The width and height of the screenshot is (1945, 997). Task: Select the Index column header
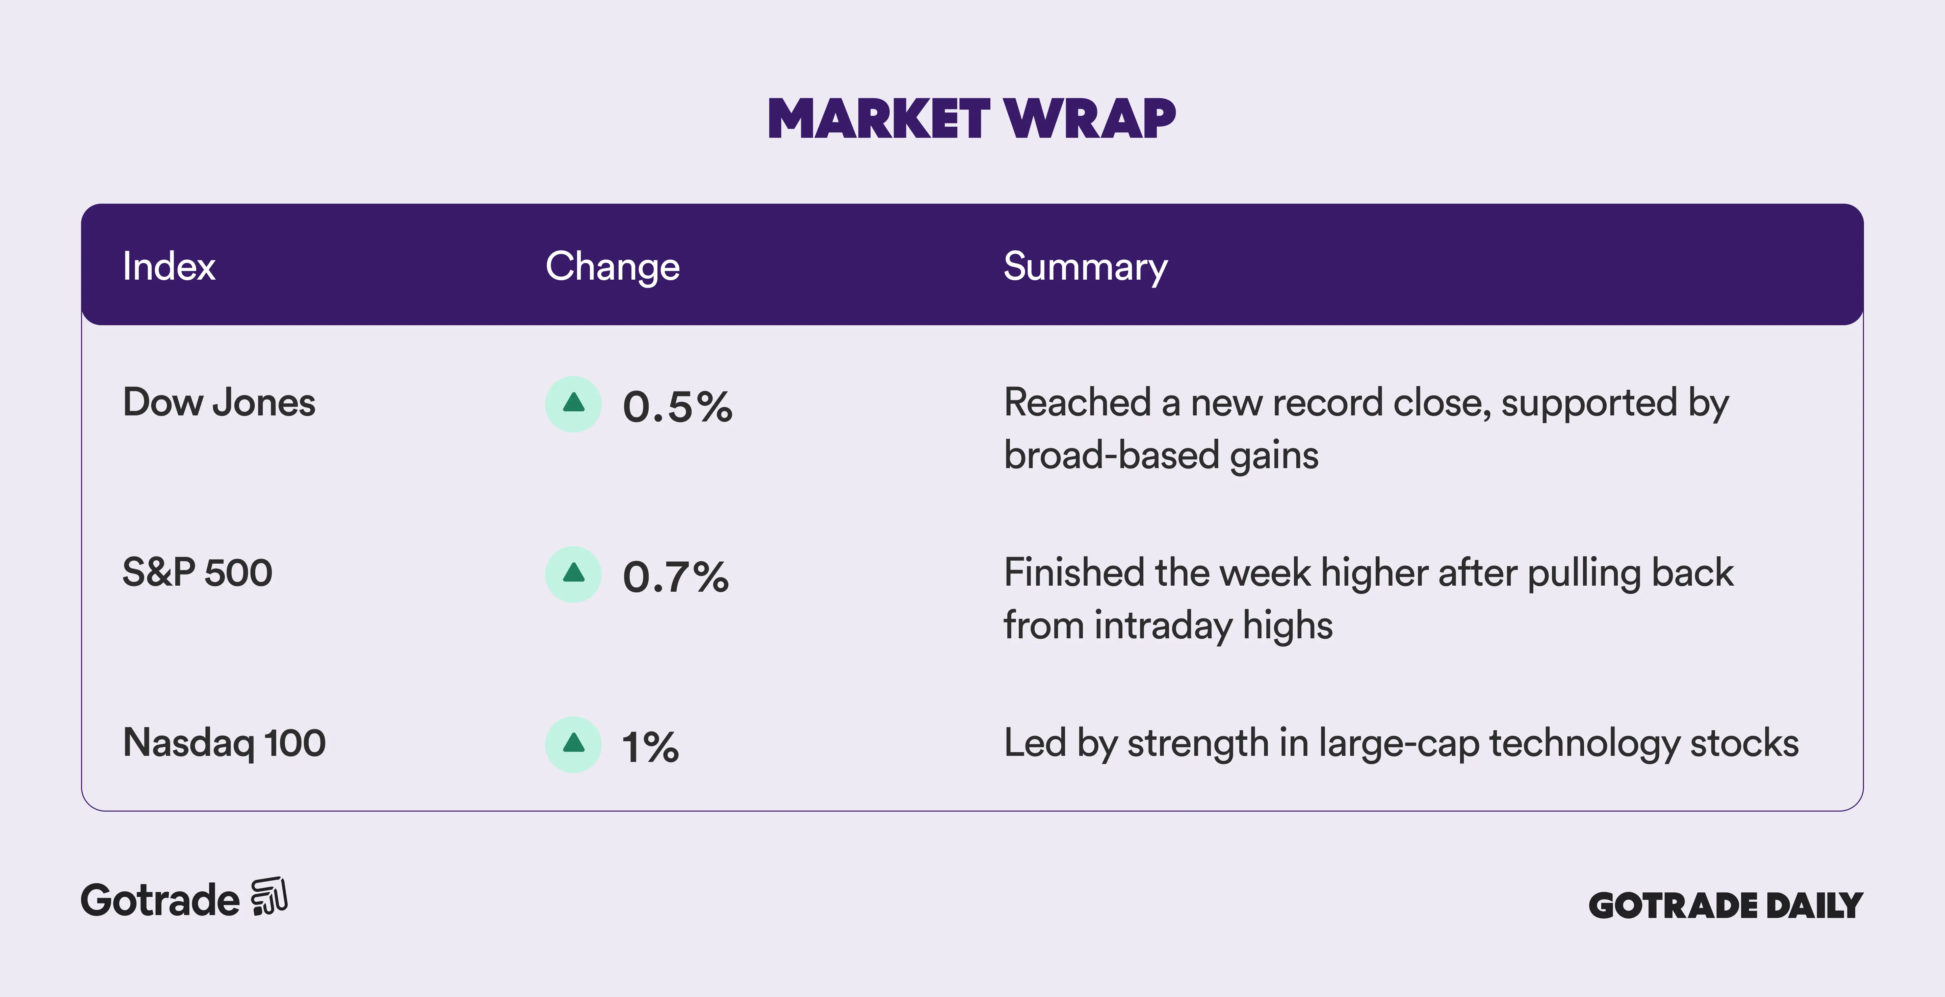(169, 266)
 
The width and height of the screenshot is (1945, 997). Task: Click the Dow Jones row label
(219, 402)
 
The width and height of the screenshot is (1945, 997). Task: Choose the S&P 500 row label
(197, 572)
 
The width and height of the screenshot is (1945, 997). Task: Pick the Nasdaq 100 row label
(224, 742)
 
